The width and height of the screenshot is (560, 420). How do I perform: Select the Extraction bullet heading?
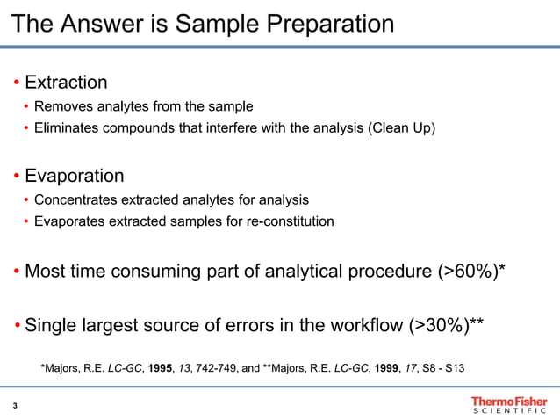click(x=66, y=83)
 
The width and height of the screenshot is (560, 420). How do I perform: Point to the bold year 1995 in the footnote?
click(x=162, y=368)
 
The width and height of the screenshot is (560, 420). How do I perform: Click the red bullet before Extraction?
click(x=17, y=83)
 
